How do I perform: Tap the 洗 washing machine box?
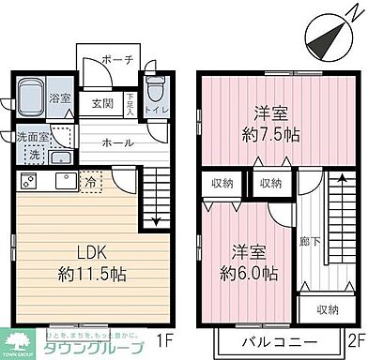pyautogui.click(x=34, y=154)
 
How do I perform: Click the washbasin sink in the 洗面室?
pyautogui.click(x=62, y=157)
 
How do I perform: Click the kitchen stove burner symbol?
pyautogui.click(x=28, y=179)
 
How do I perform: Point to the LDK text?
pyautogui.click(x=79, y=251)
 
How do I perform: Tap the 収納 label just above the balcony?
pyautogui.click(x=327, y=307)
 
